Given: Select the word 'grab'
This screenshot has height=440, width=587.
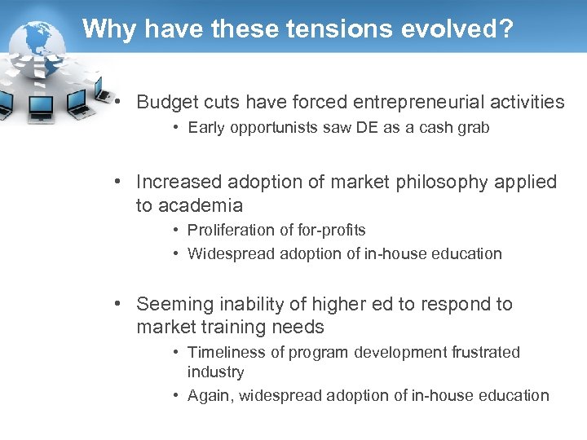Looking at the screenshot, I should [x=474, y=127].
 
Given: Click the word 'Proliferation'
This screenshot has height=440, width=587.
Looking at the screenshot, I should [x=231, y=230].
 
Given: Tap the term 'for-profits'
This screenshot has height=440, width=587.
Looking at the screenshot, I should [x=329, y=230].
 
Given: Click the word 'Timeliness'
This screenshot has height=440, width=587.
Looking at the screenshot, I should [x=226, y=352].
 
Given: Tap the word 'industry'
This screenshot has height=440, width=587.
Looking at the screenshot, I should [x=215, y=372].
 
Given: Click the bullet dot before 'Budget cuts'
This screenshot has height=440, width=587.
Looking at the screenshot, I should [x=119, y=102].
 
